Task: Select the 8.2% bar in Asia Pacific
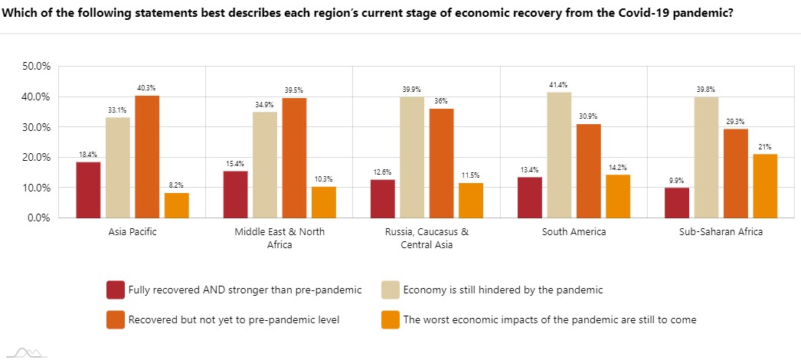point(176,205)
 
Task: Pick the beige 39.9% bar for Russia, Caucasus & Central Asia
point(412,157)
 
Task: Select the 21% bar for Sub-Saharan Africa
point(765,186)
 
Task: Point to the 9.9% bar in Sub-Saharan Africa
point(677,202)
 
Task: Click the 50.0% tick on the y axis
point(37,67)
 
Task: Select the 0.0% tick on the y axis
point(39,218)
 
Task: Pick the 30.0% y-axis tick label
point(37,127)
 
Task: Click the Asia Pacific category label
point(132,232)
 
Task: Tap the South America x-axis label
point(574,232)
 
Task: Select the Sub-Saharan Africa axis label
point(721,232)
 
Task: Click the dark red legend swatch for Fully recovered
point(116,290)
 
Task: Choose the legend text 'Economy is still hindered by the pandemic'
point(503,290)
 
